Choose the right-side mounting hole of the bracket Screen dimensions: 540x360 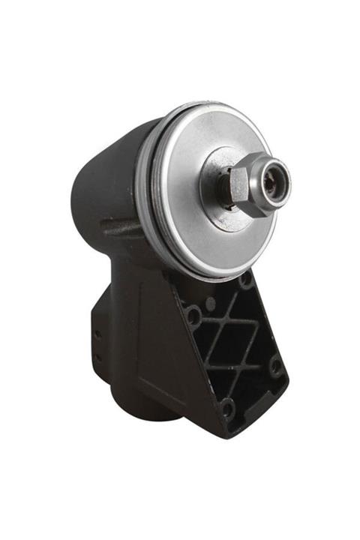[275, 367]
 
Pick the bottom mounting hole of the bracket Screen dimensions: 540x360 [227, 409]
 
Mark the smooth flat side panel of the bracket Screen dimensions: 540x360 [157, 352]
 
